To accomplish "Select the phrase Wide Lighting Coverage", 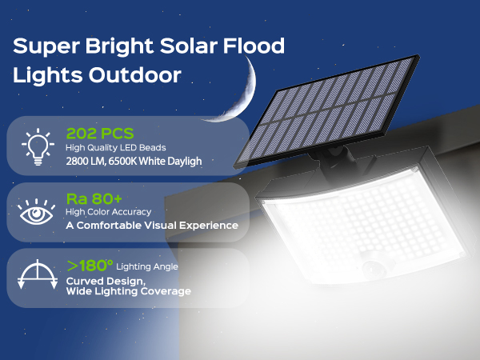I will (128, 292).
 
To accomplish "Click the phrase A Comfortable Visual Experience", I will (152, 226).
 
